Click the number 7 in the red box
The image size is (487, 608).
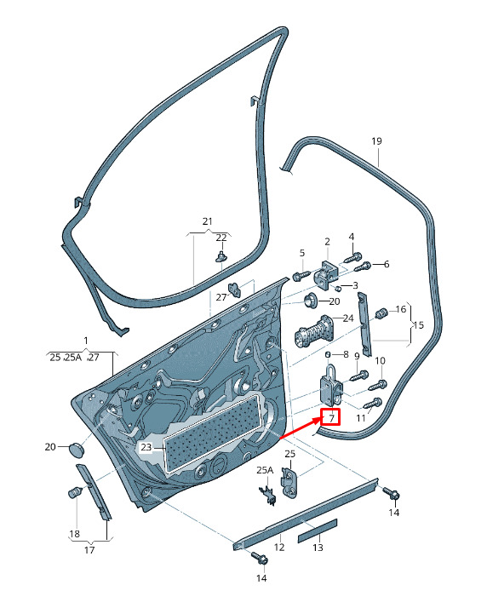click(331, 418)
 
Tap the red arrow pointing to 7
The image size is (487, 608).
click(301, 428)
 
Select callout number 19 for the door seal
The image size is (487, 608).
click(376, 141)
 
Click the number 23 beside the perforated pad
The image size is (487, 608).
click(146, 447)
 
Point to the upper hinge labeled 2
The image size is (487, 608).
click(326, 273)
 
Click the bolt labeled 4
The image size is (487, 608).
click(353, 257)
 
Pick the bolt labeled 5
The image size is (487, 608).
click(301, 276)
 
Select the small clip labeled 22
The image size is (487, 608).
click(221, 256)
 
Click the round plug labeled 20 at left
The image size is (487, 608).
click(77, 449)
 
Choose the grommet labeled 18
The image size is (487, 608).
click(75, 492)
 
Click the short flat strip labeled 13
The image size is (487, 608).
click(318, 531)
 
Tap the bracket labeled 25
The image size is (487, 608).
click(289, 482)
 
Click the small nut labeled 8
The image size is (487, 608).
click(328, 355)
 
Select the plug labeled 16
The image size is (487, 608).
click(382, 313)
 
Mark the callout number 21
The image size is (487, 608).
click(208, 221)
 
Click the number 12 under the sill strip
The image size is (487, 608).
click(279, 548)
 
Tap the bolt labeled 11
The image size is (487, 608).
click(372, 404)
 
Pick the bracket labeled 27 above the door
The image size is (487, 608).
click(234, 289)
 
